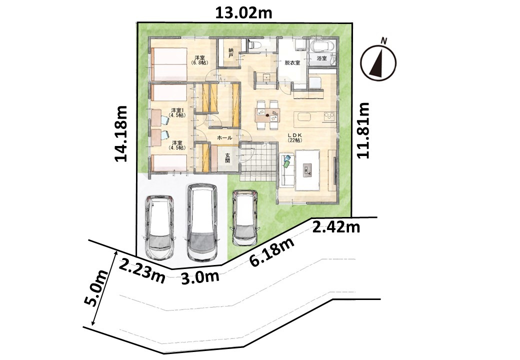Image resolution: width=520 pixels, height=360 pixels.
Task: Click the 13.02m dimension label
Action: pyautogui.click(x=244, y=13)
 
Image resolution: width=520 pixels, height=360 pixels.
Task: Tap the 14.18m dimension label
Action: pyautogui.click(x=121, y=133)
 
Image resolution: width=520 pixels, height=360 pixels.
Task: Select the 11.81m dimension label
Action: pyautogui.click(x=363, y=130)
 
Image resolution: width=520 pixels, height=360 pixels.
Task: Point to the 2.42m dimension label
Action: pyautogui.click(x=336, y=227)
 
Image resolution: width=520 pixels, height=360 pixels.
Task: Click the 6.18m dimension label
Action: pyautogui.click(x=272, y=252)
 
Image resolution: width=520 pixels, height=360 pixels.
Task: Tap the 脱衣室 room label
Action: pyautogui.click(x=292, y=62)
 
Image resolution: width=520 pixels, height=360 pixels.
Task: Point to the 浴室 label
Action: pyautogui.click(x=321, y=58)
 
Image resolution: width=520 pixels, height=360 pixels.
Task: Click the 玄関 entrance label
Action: pyautogui.click(x=227, y=158)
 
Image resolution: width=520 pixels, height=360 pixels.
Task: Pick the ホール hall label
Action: pyautogui.click(x=224, y=137)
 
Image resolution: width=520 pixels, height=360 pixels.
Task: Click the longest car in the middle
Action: pyautogui.click(x=202, y=222)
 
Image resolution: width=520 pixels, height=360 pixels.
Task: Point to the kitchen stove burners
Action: pyautogui.click(x=329, y=116)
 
